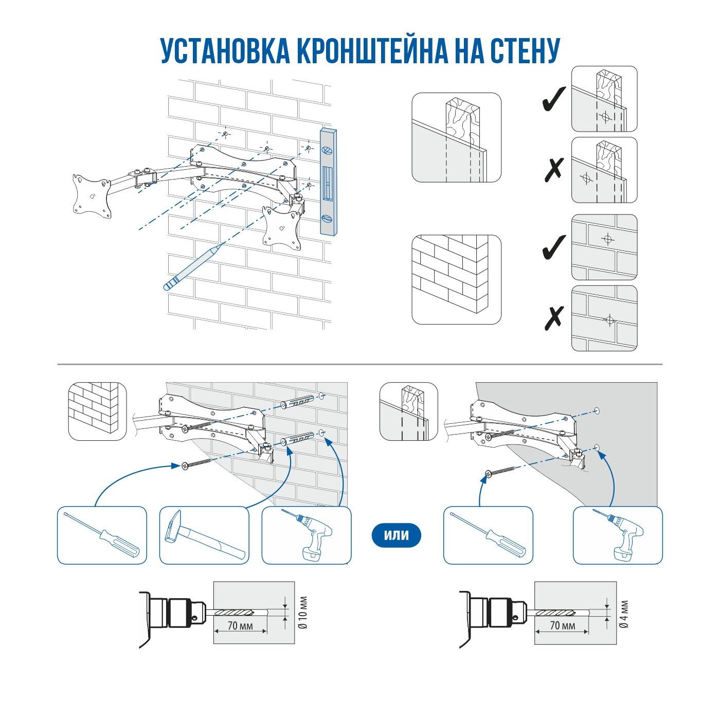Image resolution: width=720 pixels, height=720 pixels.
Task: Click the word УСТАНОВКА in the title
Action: tap(225, 50)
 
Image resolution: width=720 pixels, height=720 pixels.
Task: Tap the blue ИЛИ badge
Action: tap(396, 535)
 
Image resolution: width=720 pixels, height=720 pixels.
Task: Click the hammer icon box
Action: tap(204, 535)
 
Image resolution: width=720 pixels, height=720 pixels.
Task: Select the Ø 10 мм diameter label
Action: tap(303, 613)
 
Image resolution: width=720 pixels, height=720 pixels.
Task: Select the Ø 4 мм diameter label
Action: tap(624, 614)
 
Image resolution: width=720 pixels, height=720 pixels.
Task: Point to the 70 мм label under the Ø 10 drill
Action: tap(240, 626)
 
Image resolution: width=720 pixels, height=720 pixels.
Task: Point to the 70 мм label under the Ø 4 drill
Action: tap(562, 625)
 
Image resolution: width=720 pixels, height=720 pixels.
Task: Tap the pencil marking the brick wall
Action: tap(193, 267)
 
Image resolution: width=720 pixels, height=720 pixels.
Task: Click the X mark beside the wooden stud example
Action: tap(554, 169)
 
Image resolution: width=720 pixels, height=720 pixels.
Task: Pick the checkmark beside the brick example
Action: tap(554, 247)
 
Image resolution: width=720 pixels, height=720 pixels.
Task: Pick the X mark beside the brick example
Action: tap(554, 318)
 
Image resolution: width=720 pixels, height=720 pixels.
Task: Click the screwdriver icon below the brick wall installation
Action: tap(102, 535)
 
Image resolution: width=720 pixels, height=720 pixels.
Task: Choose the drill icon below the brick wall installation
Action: tap(307, 535)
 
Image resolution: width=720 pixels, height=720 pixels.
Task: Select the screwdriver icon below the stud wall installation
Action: tap(488, 535)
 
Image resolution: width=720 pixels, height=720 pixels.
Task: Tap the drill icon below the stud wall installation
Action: tap(618, 535)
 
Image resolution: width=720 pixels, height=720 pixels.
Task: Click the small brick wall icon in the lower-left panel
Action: tap(97, 411)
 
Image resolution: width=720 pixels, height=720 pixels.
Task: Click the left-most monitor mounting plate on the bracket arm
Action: tap(92, 196)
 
